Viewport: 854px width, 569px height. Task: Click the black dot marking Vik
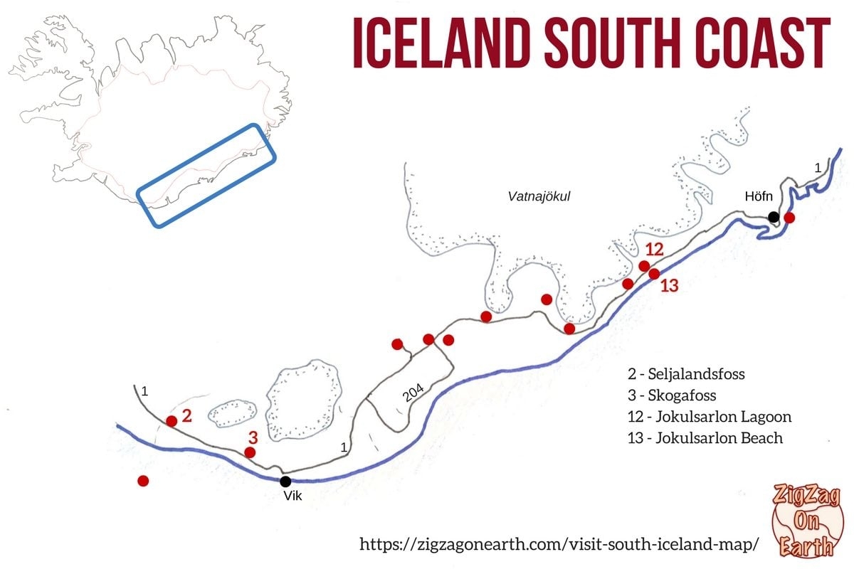click(285, 482)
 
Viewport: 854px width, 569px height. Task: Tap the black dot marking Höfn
click(774, 216)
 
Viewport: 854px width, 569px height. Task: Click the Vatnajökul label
click(539, 196)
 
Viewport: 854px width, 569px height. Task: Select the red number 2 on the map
click(186, 416)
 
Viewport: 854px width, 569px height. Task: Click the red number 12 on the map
click(654, 250)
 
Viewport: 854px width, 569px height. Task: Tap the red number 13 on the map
click(670, 286)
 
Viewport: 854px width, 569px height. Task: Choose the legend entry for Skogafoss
click(672, 395)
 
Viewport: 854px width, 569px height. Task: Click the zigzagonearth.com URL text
click(555, 544)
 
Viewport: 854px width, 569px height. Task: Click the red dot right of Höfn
click(789, 218)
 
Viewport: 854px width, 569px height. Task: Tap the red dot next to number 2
click(172, 421)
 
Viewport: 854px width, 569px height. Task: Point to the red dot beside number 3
click(250, 452)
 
